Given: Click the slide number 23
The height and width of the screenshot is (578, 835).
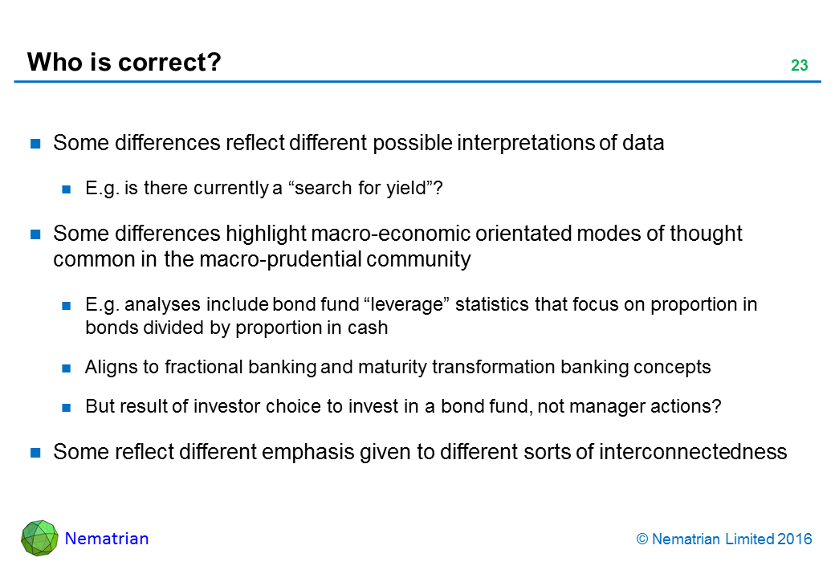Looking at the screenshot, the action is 800,65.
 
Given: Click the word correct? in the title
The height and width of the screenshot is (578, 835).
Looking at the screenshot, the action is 169,63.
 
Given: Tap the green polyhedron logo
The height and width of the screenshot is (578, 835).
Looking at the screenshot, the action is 39,538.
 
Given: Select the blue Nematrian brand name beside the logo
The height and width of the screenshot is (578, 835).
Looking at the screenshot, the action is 107,539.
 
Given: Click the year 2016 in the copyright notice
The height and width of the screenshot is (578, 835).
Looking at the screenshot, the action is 795,539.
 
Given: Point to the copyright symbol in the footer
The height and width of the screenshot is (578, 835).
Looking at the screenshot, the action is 642,539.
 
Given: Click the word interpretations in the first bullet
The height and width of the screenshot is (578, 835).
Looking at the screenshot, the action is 526,143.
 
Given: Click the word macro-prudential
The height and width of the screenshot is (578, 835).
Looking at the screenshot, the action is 281,260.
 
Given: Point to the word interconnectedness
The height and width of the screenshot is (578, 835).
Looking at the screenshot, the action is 693,452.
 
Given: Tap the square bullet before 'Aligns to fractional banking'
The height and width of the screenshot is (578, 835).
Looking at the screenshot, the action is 67,368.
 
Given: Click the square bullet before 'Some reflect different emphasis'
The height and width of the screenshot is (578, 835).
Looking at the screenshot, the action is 35,453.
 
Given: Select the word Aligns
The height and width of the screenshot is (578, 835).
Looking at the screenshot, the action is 110,367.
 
